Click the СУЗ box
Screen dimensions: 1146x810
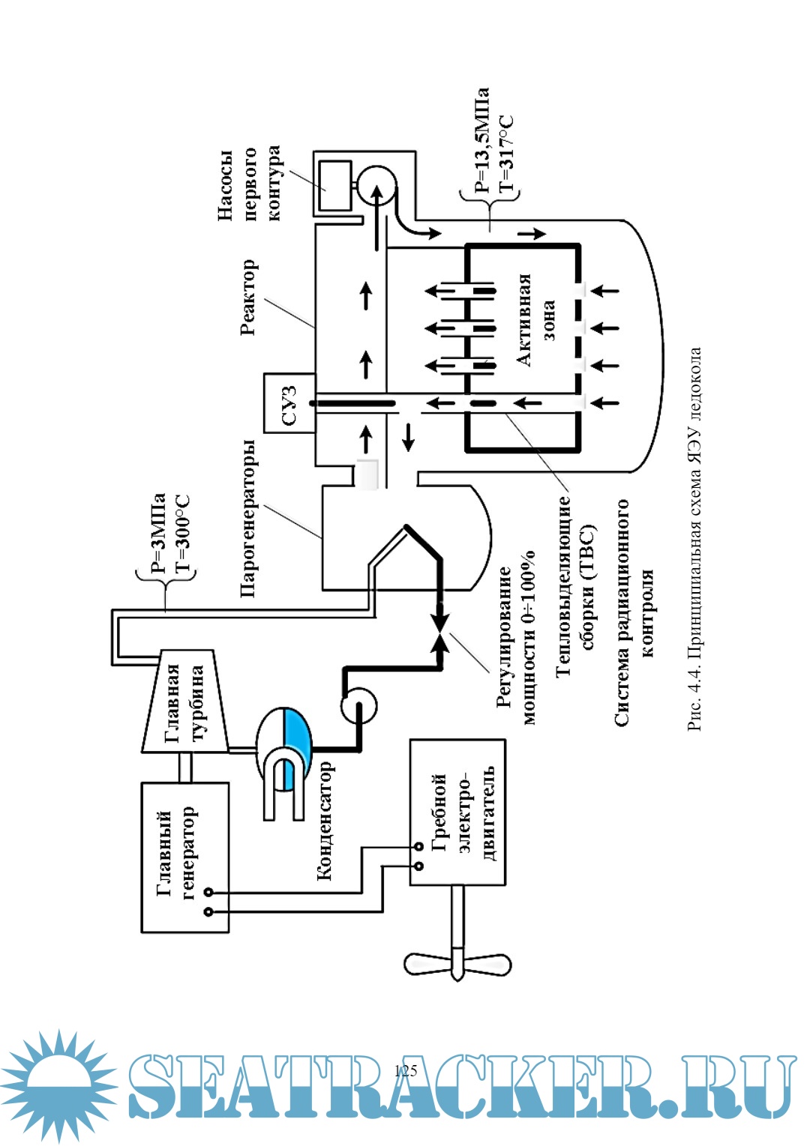click(289, 405)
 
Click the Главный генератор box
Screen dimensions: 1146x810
click(185, 857)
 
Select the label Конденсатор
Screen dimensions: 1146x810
click(324, 820)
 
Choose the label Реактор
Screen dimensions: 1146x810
click(248, 297)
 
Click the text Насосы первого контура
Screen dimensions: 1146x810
click(248, 184)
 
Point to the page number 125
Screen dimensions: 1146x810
click(405, 1070)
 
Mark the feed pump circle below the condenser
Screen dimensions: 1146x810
click(358, 705)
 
